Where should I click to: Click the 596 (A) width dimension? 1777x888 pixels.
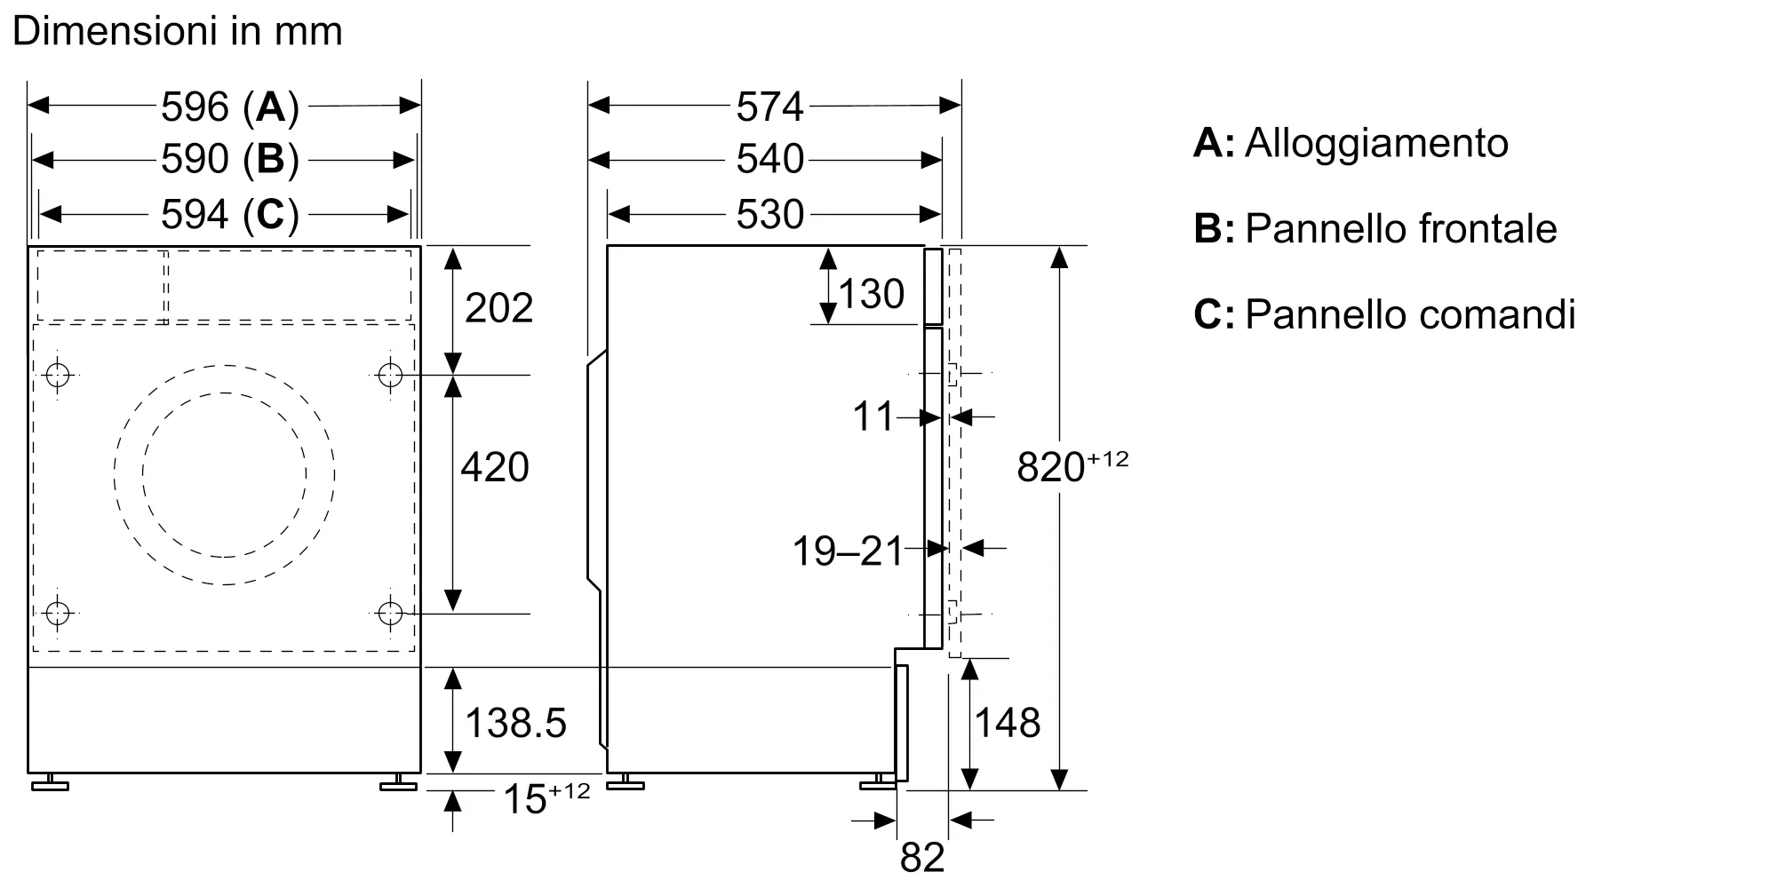[229, 107]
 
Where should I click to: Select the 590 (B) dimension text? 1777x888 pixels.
[229, 160]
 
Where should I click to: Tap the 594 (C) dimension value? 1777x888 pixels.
[229, 214]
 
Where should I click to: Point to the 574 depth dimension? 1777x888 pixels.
[769, 107]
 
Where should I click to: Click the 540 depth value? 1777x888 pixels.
[769, 160]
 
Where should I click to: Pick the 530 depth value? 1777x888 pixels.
[769, 214]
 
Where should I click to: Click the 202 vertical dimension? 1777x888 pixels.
[498, 308]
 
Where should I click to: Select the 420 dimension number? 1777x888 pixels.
[495, 467]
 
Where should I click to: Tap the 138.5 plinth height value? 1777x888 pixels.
[515, 723]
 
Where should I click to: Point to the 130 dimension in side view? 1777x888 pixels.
[871, 294]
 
